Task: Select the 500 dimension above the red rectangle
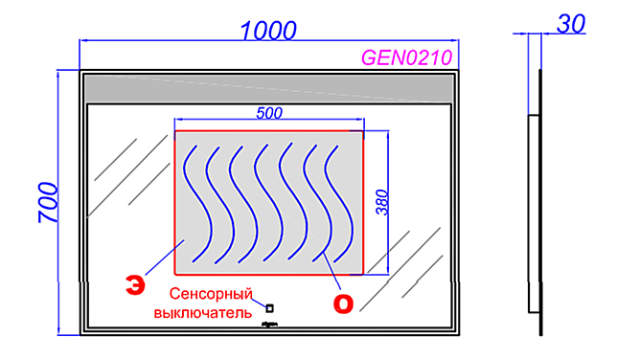pos(269,113)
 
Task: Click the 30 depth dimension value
pos(572,25)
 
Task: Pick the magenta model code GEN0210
pos(405,57)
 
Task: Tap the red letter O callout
pos(342,303)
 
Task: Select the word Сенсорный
pos(211,294)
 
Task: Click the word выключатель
pos(203,311)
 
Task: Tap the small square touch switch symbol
pos(270,308)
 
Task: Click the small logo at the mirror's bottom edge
pos(269,326)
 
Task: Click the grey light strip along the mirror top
pos(268,87)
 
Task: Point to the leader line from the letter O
pos(331,273)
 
